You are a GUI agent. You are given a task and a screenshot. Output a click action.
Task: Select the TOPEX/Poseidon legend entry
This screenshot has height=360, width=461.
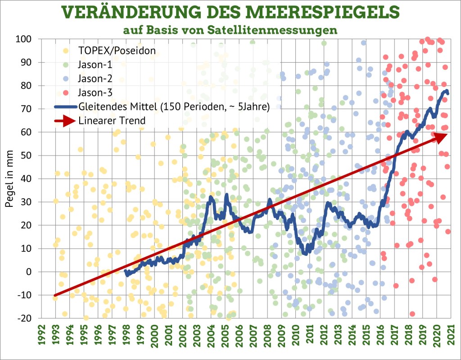[x=117, y=51]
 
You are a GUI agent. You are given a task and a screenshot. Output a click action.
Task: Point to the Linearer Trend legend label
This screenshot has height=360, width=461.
[x=112, y=121]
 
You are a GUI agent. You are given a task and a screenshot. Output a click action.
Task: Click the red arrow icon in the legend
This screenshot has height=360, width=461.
[x=65, y=121]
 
